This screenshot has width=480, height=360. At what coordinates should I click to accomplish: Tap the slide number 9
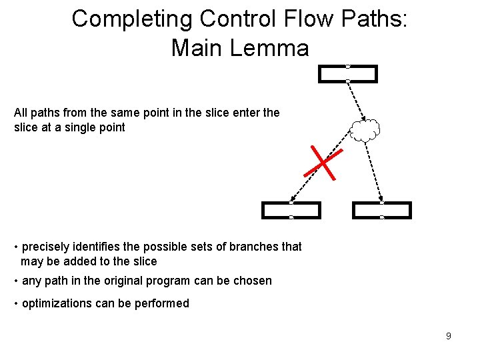click(x=448, y=336)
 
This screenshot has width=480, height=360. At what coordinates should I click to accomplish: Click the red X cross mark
click(x=323, y=162)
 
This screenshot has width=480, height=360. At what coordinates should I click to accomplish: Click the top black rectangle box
click(x=348, y=73)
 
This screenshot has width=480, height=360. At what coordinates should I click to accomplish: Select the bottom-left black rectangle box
click(x=291, y=210)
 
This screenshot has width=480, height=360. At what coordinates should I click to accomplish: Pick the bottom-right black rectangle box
click(x=382, y=210)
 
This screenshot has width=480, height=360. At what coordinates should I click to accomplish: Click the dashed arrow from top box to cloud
click(x=355, y=100)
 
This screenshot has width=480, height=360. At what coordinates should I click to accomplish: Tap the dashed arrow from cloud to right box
click(x=374, y=171)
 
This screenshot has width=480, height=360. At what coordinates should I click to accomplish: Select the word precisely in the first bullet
click(x=47, y=247)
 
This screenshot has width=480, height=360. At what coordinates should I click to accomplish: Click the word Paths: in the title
click(x=370, y=19)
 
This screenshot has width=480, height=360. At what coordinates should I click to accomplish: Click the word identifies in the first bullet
click(x=97, y=247)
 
